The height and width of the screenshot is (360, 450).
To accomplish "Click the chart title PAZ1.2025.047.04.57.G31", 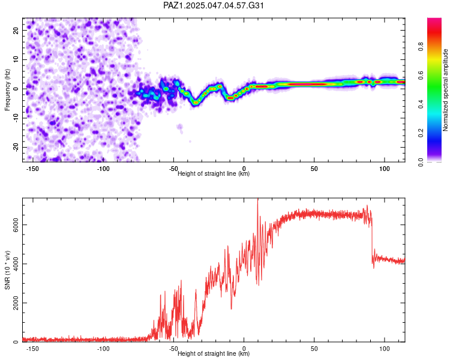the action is (213, 5).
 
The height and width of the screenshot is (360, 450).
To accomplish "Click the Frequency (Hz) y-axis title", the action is (7, 90).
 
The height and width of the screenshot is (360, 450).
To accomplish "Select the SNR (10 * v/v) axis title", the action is (7, 270).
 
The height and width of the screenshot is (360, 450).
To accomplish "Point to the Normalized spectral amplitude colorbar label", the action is (445, 90).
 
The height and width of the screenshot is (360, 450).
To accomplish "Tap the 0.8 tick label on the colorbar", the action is (421, 46).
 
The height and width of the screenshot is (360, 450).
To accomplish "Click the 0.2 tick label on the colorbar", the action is (421, 133).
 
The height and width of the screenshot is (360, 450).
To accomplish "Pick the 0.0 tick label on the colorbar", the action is (421, 162).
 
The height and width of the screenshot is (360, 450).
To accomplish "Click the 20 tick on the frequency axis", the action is (16, 31).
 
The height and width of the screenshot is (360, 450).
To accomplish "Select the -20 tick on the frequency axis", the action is (16, 147).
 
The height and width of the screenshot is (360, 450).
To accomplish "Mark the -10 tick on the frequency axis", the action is (16, 118).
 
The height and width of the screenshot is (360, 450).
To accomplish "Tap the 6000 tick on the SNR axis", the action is (16, 225).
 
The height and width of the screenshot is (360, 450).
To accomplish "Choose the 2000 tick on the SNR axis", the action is (16, 303).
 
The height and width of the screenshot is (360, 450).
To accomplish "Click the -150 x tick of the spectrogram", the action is (32, 169).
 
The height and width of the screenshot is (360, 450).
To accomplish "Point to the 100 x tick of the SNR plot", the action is (384, 349).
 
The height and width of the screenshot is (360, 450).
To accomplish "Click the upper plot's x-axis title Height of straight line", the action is (214, 173).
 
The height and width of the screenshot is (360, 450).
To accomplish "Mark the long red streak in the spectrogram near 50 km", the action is (308, 85).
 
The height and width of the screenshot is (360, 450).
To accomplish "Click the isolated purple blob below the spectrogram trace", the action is (180, 128).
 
